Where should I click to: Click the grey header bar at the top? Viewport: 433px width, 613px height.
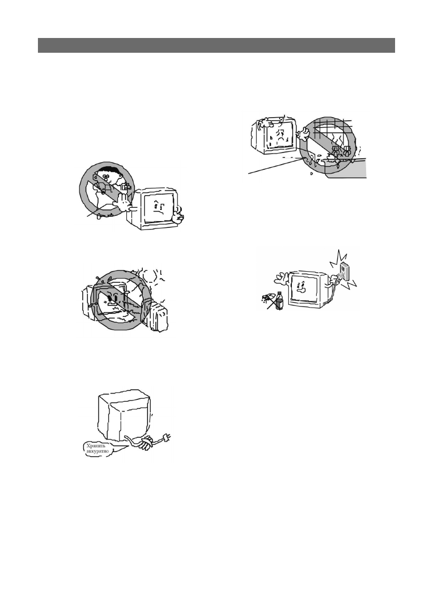tap(216, 45)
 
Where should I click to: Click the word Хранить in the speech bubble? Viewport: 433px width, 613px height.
tap(95, 445)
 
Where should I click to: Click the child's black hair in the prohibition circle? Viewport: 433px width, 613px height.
tap(108, 171)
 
